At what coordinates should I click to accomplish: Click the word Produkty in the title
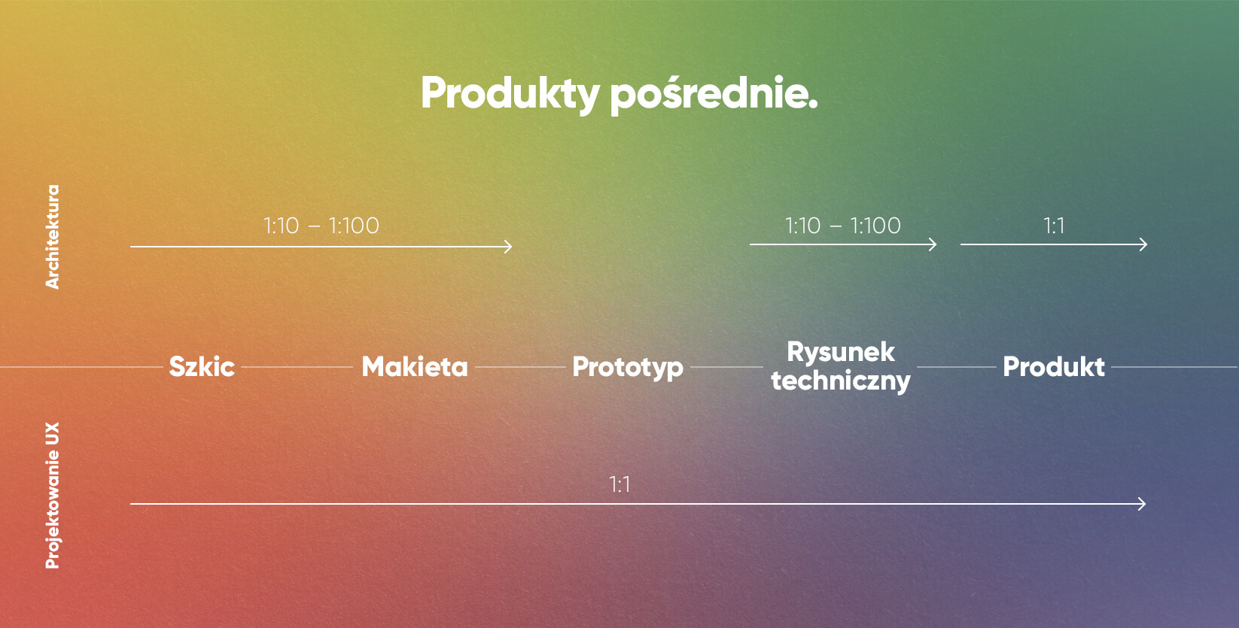click(510, 94)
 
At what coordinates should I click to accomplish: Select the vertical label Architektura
click(52, 237)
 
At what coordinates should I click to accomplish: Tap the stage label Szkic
click(202, 367)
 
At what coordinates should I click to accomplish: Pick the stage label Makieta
click(415, 367)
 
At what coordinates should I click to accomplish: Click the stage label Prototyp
click(628, 367)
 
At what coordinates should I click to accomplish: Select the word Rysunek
click(841, 352)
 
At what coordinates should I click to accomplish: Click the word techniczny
click(841, 381)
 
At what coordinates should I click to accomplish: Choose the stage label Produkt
click(1054, 367)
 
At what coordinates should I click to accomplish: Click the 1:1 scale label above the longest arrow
click(619, 484)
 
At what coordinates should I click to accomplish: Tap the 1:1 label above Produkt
click(1054, 226)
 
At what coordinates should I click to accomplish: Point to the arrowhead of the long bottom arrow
click(1143, 504)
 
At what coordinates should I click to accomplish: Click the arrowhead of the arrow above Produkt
click(1144, 244)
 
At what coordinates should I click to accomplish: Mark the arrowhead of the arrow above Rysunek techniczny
click(933, 244)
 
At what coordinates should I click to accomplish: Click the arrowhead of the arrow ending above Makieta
click(509, 247)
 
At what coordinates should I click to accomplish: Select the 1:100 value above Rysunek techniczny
click(875, 226)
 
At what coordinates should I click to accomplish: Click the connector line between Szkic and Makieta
click(297, 367)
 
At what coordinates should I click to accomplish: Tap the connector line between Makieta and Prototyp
click(519, 367)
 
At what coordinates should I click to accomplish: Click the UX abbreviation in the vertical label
click(52, 434)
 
